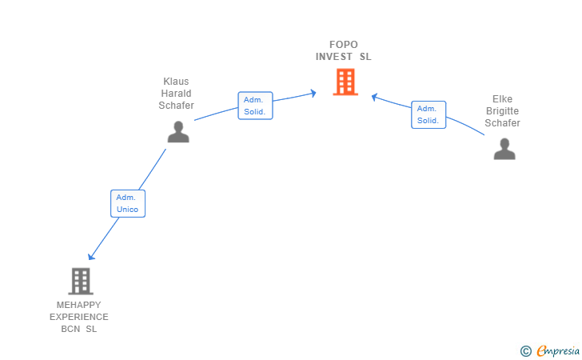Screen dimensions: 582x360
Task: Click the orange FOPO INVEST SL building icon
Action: (x=345, y=82)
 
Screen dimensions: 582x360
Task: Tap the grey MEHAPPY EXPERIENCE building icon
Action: (x=81, y=282)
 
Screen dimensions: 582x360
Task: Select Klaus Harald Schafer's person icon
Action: (x=178, y=132)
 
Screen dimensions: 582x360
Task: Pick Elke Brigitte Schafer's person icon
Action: (x=504, y=149)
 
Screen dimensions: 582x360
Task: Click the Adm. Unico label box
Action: (x=128, y=203)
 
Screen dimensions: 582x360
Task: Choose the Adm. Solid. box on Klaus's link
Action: (x=255, y=106)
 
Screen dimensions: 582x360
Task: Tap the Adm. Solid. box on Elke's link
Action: (x=429, y=114)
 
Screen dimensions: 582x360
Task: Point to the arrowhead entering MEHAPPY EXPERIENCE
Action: (x=91, y=256)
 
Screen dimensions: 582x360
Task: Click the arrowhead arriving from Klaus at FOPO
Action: (x=313, y=94)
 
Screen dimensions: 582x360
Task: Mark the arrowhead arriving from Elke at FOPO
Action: (x=374, y=97)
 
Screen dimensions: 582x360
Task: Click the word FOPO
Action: (x=344, y=45)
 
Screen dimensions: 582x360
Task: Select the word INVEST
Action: (x=334, y=57)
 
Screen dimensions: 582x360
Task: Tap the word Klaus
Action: (x=176, y=82)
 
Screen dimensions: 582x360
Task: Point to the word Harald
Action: (x=176, y=94)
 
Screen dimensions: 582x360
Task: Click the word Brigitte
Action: (x=502, y=111)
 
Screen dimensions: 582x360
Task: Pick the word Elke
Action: (x=502, y=99)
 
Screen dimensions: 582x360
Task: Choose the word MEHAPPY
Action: (x=78, y=305)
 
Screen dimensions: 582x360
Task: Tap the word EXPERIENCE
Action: (x=78, y=317)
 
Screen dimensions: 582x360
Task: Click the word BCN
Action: (x=70, y=329)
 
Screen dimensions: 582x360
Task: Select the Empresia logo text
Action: (x=558, y=350)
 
